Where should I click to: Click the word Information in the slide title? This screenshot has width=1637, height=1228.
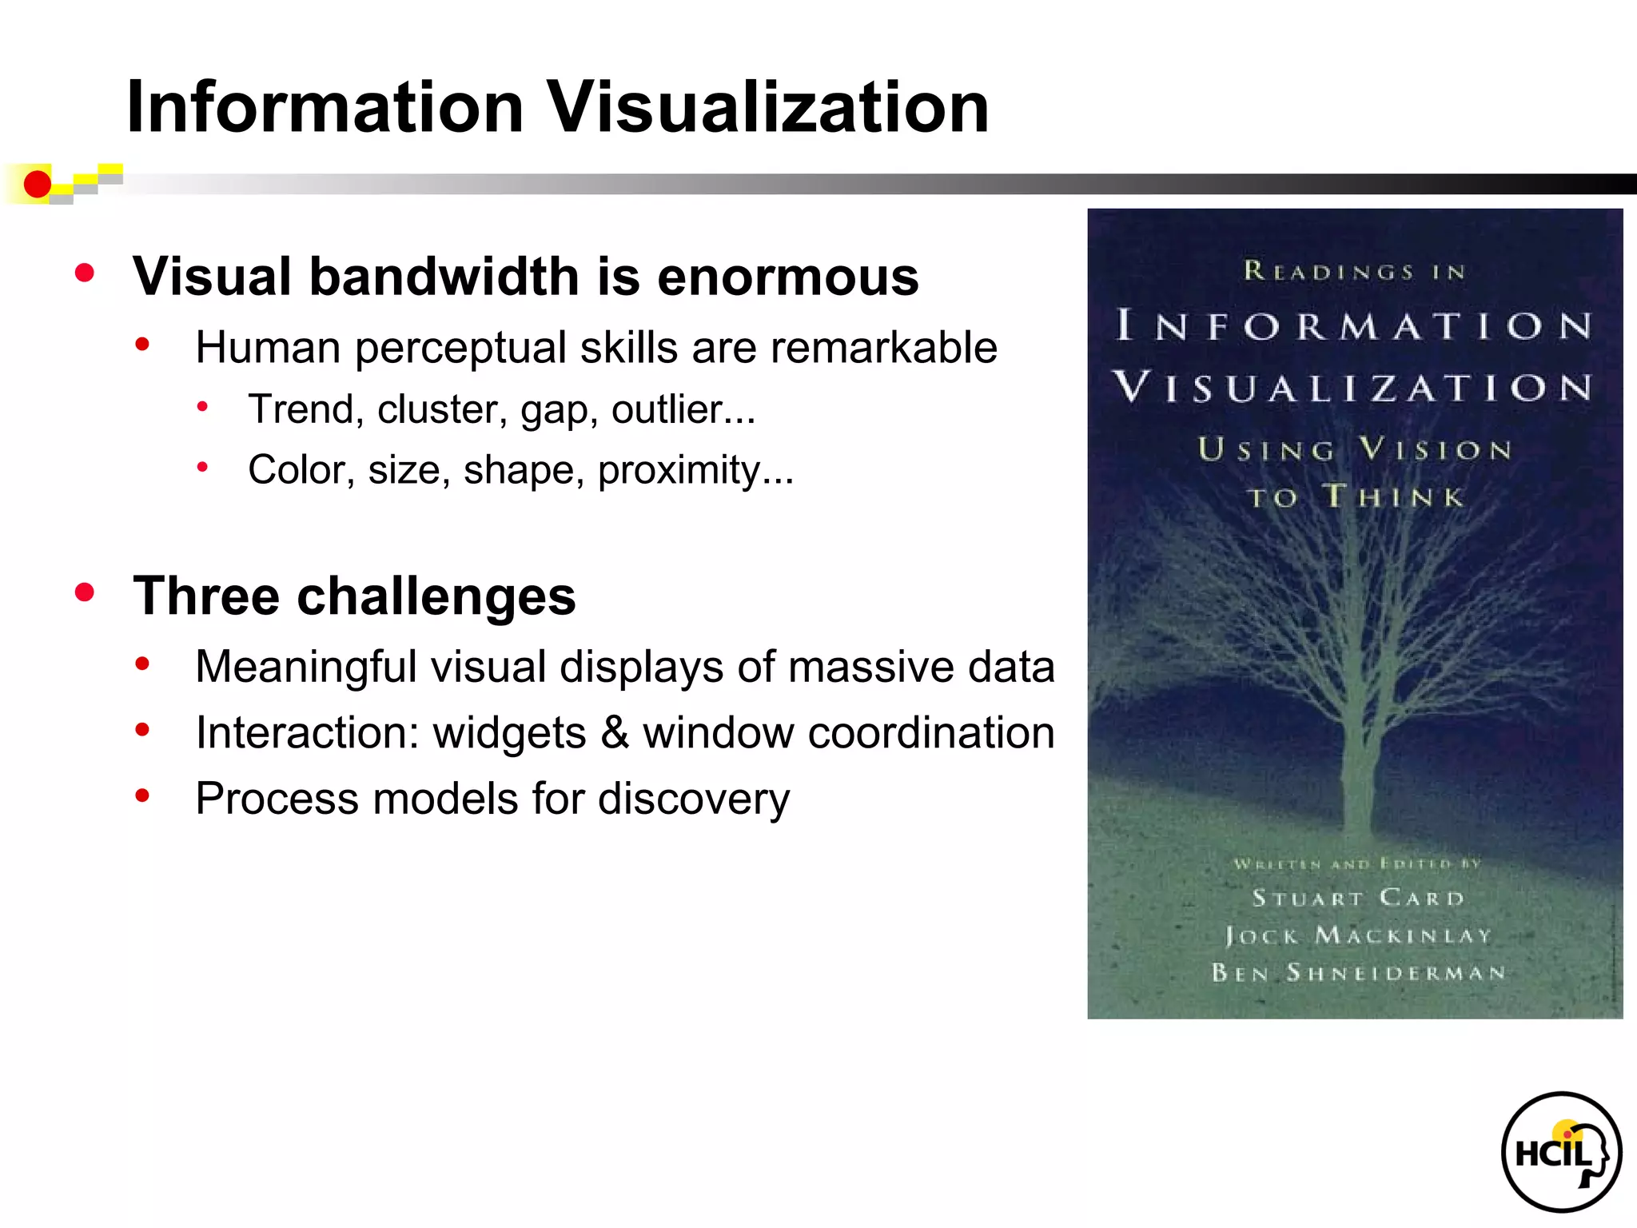pyautogui.click(x=325, y=108)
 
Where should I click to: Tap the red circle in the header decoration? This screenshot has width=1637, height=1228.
pyautogui.click(x=37, y=185)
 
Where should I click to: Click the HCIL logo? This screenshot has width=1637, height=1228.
pyautogui.click(x=1560, y=1152)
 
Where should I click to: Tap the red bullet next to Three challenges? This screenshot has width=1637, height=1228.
pyautogui.click(x=85, y=592)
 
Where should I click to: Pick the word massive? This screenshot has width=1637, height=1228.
pyautogui.click(x=871, y=667)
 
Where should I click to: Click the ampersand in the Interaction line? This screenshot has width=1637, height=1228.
pyautogui.click(x=615, y=732)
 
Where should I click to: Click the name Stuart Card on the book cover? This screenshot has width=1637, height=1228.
pyautogui.click(x=1357, y=898)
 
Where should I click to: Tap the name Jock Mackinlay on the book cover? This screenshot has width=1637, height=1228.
pyautogui.click(x=1357, y=935)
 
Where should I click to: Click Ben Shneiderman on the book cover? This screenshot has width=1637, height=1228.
pyautogui.click(x=1357, y=972)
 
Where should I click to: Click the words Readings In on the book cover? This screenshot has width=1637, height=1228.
pyautogui.click(x=1354, y=272)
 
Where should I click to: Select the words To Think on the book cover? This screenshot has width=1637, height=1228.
pyautogui.click(x=1356, y=496)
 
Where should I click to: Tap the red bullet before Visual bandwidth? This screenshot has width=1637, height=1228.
pyautogui.click(x=85, y=273)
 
